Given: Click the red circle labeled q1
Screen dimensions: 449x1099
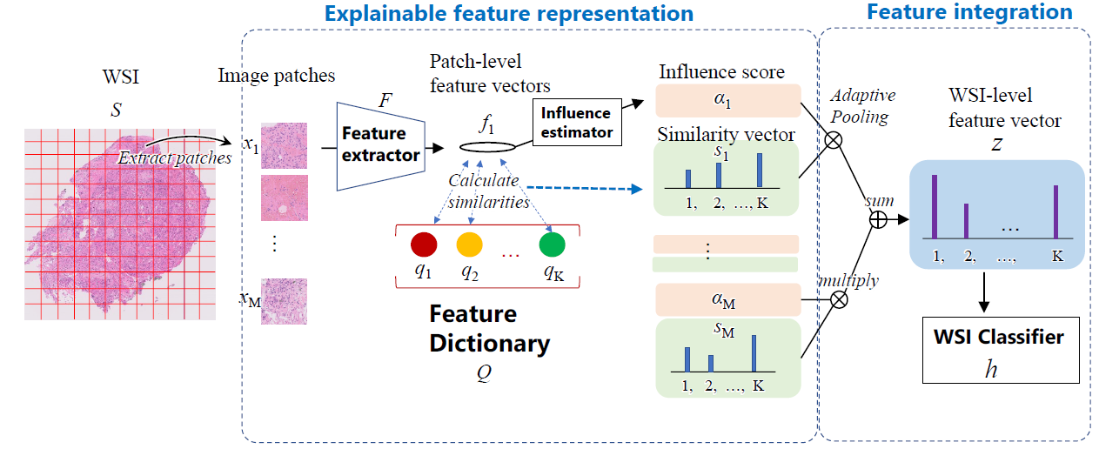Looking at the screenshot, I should [x=424, y=245].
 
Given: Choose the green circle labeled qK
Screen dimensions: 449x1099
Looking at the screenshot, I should [x=553, y=245].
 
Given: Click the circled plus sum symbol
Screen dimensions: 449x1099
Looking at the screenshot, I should [x=879, y=220].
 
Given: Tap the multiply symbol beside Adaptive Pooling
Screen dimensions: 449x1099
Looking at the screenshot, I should [x=834, y=141].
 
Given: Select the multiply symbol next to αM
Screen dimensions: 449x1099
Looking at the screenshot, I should [x=840, y=298].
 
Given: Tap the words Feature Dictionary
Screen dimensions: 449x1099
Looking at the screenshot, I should [x=489, y=328].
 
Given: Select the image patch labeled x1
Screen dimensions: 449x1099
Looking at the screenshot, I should [x=284, y=144].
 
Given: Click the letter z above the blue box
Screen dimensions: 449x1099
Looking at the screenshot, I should [x=997, y=144].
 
